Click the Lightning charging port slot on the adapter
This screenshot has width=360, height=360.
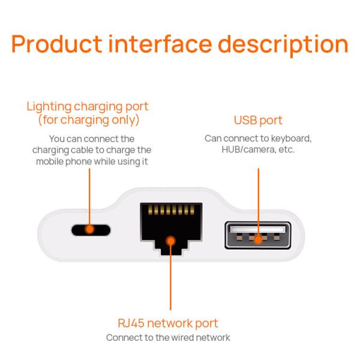click(91, 229)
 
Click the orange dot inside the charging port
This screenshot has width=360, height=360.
click(91, 229)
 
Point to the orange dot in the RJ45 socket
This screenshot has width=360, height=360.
click(170, 241)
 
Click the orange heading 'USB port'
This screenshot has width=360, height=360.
click(258, 121)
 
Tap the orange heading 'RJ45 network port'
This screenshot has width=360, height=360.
click(168, 323)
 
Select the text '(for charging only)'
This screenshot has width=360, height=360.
click(88, 120)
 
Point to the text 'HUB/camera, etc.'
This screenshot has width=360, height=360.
click(258, 149)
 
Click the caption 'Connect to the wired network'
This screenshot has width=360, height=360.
click(168, 338)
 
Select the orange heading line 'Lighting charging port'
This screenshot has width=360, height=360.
click(88, 107)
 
